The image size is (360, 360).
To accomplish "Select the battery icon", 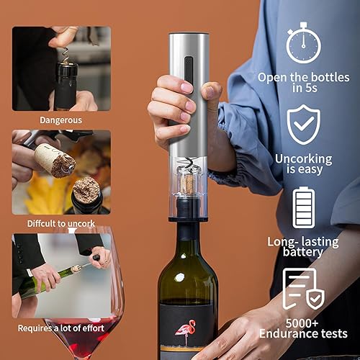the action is (x=303, y=208).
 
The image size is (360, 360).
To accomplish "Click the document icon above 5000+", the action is (x=303, y=289).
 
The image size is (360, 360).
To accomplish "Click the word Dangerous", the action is (x=61, y=120).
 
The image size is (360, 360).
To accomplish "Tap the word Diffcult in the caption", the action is (x=42, y=224).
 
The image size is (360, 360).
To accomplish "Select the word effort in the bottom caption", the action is (x=92, y=328).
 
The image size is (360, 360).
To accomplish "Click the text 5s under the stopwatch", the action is (x=311, y=88).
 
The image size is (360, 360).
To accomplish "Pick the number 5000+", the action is (x=302, y=323).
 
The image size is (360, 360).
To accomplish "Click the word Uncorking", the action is (x=304, y=159).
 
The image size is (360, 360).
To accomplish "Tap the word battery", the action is (x=303, y=252).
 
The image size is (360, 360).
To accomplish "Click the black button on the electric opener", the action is (x=189, y=71).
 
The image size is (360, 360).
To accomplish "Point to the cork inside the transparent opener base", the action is (x=188, y=184).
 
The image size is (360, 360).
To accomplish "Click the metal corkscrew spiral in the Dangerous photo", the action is (x=65, y=55).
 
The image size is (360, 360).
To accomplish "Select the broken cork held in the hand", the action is (x=55, y=160).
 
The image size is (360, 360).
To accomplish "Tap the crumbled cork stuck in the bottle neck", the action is (x=86, y=189).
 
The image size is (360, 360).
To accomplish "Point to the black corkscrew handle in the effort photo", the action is (x=96, y=258).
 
